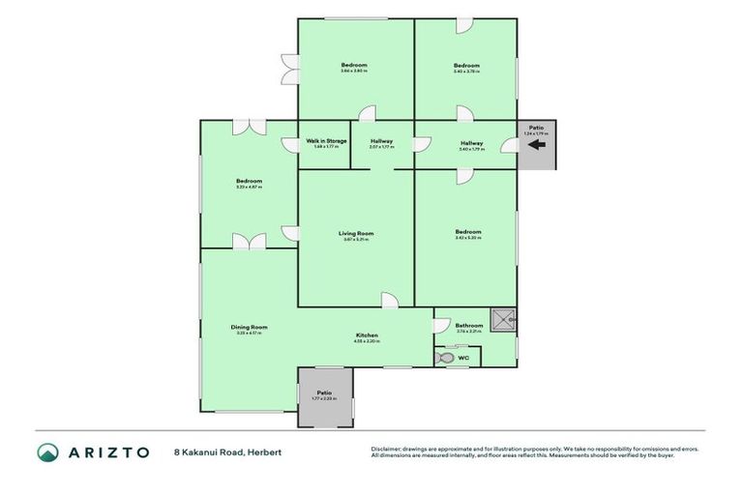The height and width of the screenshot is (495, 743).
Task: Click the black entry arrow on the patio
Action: pos(535,147)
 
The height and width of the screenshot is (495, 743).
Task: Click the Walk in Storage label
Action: pos(326,141)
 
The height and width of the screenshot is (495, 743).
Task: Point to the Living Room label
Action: pos(356,233)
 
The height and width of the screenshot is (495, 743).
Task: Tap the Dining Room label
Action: pos(249,327)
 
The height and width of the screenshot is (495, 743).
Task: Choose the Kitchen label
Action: pos(366,335)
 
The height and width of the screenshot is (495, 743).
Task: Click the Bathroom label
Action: pos(469,326)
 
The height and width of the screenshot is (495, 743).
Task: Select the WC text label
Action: pos(463,359)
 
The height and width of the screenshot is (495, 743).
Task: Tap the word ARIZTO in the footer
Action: pos(108,452)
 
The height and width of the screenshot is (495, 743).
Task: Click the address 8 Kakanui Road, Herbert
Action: pos(227,452)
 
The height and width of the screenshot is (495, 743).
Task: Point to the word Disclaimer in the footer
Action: pos(387,449)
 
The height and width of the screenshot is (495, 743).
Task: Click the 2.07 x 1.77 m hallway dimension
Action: pos(382,148)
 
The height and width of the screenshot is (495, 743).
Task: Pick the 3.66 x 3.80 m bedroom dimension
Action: pos(354,72)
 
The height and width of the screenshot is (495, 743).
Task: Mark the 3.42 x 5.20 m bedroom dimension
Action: pos(468,238)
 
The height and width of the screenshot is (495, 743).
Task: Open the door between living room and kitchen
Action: pos(388,302)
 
